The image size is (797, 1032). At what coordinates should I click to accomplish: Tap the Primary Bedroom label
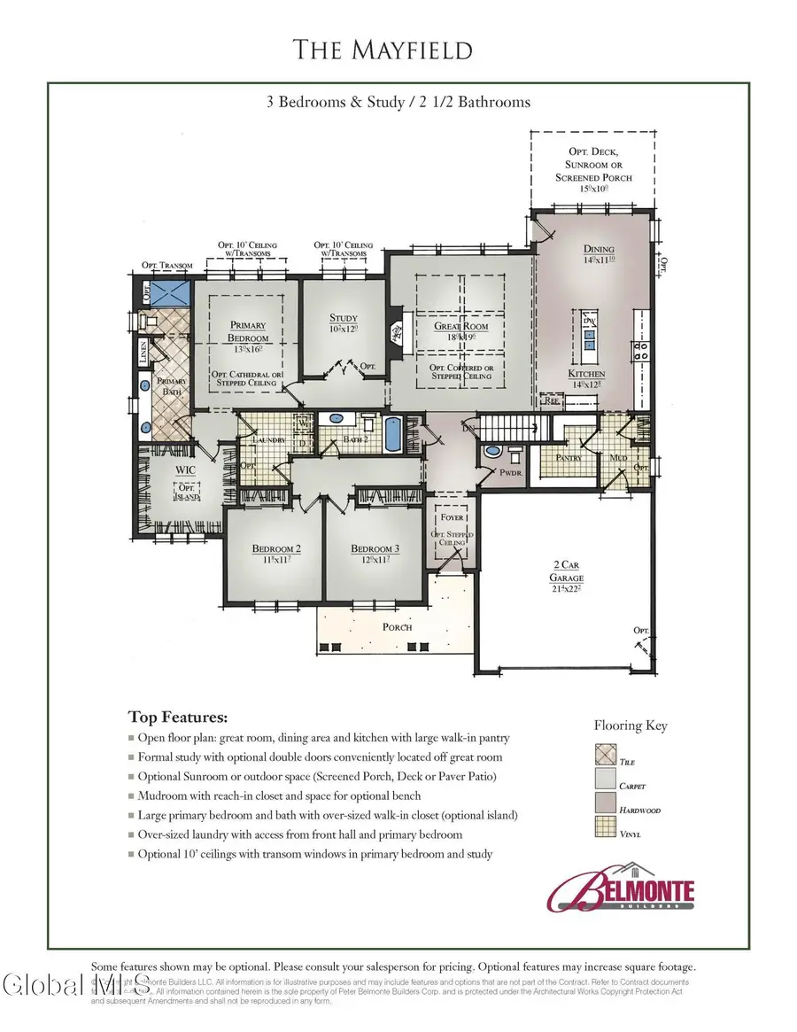pyautogui.click(x=248, y=331)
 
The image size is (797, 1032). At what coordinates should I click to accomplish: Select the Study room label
pyautogui.click(x=344, y=323)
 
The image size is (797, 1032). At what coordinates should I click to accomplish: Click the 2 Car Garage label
pyautogui.click(x=569, y=569)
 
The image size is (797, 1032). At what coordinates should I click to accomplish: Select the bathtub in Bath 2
pyautogui.click(x=392, y=436)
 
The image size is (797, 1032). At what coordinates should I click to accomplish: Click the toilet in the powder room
pyautogui.click(x=492, y=454)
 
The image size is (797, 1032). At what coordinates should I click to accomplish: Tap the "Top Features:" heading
pyautogui.click(x=178, y=716)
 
